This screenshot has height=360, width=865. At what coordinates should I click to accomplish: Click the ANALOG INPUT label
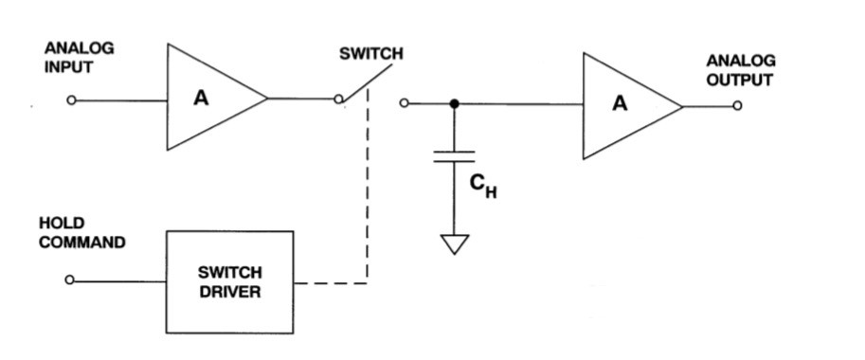click(x=80, y=57)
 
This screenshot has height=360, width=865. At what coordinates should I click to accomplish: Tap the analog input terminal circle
click(x=71, y=99)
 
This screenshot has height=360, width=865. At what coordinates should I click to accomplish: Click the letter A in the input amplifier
click(x=200, y=97)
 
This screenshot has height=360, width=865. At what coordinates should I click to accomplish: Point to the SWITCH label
click(x=370, y=54)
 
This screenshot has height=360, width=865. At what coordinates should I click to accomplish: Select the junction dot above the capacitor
click(x=454, y=103)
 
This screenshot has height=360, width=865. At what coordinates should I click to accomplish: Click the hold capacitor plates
click(x=454, y=156)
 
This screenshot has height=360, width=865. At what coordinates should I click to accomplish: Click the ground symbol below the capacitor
click(x=454, y=244)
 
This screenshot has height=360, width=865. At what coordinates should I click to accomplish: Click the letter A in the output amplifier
click(x=619, y=104)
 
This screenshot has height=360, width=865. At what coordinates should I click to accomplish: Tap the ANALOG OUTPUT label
click(x=740, y=71)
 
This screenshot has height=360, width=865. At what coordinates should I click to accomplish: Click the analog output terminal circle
click(x=737, y=105)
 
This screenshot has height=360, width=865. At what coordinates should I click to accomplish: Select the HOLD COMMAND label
click(x=81, y=233)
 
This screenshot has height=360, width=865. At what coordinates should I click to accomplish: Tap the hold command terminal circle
click(x=71, y=280)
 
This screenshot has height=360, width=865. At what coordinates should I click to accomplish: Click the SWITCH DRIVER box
click(x=229, y=281)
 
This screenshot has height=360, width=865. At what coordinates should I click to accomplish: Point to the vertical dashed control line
click(x=367, y=189)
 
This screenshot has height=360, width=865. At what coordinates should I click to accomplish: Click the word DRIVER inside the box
click(x=229, y=292)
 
